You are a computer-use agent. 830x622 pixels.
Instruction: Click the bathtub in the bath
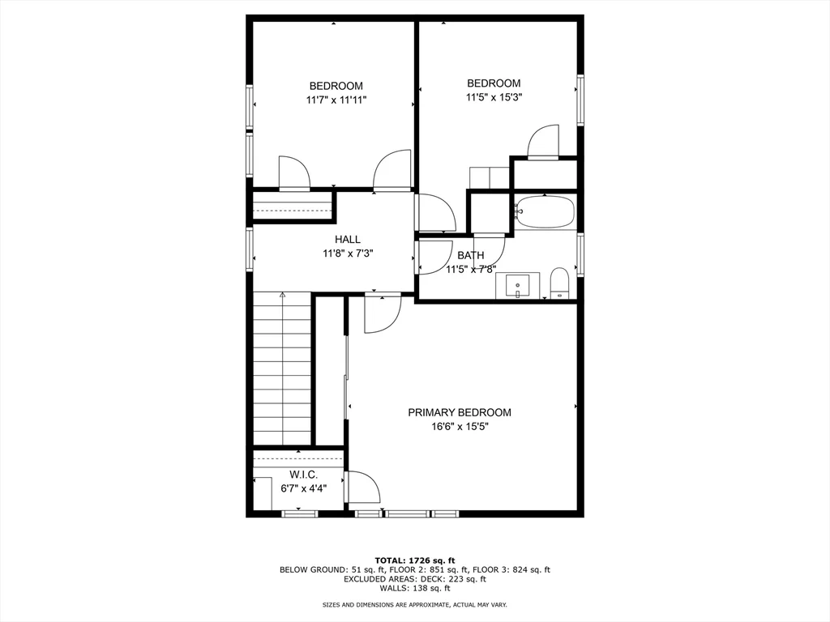(x=545, y=213)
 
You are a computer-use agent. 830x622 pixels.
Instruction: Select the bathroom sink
(x=518, y=286)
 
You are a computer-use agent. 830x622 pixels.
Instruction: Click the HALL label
(x=348, y=240)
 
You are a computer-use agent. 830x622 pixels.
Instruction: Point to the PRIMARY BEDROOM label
(x=460, y=412)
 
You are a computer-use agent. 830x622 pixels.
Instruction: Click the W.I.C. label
(x=303, y=475)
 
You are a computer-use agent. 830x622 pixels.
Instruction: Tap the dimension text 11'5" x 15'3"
(x=494, y=97)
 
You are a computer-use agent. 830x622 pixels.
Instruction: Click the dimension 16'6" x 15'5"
(x=460, y=426)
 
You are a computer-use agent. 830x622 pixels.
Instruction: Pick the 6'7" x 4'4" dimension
(x=303, y=488)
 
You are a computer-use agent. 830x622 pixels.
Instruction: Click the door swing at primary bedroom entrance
(x=381, y=314)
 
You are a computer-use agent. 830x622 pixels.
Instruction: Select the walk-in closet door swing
(x=364, y=488)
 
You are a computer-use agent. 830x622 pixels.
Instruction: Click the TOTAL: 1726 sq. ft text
(x=415, y=560)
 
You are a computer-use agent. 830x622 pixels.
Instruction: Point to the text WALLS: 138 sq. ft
(x=415, y=588)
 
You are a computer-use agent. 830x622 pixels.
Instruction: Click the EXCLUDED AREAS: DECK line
(x=415, y=579)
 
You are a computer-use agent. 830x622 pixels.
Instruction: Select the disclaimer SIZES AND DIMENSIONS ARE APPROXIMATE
(x=415, y=605)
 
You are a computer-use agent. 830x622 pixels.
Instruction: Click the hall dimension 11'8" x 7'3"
(x=348, y=253)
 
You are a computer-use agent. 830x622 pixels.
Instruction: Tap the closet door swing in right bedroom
(x=543, y=142)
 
